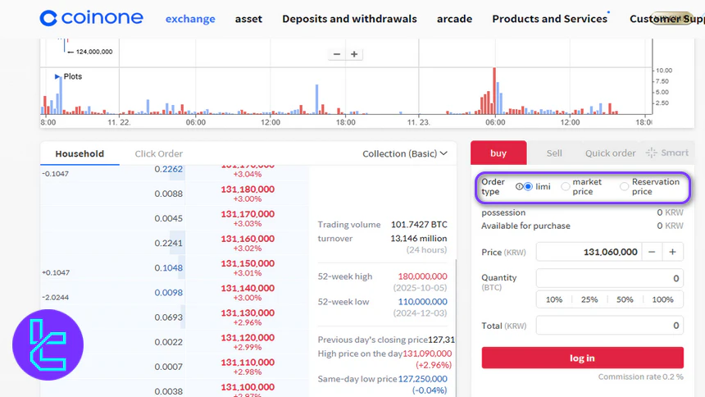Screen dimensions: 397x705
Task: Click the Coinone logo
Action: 91,18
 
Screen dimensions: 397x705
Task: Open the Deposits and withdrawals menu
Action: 349,19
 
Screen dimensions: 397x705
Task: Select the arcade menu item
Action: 454,19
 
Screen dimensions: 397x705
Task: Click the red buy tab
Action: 498,153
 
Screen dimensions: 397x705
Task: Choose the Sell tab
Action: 554,153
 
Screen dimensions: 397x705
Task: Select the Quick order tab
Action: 610,153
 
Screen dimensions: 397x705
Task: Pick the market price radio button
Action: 566,187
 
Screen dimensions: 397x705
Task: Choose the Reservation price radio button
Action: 625,187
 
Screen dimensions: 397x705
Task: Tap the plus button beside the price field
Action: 673,253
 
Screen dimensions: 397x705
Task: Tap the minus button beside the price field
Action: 651,253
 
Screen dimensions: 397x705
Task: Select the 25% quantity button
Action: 589,299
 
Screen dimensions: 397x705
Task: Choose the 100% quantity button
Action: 662,299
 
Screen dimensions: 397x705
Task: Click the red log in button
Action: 582,358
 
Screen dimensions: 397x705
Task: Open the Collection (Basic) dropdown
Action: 405,153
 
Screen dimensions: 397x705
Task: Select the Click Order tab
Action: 158,153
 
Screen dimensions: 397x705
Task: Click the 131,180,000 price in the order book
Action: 248,189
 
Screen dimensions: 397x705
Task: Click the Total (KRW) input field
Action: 608,326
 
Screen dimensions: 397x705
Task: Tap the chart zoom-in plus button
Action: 354,54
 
